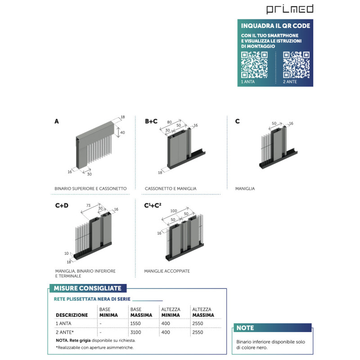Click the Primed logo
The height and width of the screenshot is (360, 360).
290,9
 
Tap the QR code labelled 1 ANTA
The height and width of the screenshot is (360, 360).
254,65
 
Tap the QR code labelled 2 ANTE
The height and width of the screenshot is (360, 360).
296,65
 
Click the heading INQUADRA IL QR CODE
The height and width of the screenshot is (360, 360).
275,26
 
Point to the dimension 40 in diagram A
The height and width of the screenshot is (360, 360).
122,132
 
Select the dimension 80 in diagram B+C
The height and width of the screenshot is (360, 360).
169,122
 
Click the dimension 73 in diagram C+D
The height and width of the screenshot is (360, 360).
88,206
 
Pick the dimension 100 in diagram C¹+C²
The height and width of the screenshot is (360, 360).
174,211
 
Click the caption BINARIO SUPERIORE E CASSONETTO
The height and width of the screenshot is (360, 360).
90,189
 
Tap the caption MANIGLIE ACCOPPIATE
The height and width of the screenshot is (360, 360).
167,271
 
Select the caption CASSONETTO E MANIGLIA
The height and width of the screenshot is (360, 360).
171,189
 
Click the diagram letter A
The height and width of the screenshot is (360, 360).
57,121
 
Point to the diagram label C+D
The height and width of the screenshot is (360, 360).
62,205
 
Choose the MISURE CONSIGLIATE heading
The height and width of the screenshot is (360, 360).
87,288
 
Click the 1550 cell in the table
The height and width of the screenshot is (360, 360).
135,324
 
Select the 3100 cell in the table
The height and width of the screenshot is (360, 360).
136,332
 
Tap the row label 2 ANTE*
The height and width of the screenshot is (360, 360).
64,332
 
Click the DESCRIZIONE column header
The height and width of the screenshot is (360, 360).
72,315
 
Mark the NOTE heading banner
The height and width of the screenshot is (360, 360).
273,328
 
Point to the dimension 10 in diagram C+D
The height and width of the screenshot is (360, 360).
66,253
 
